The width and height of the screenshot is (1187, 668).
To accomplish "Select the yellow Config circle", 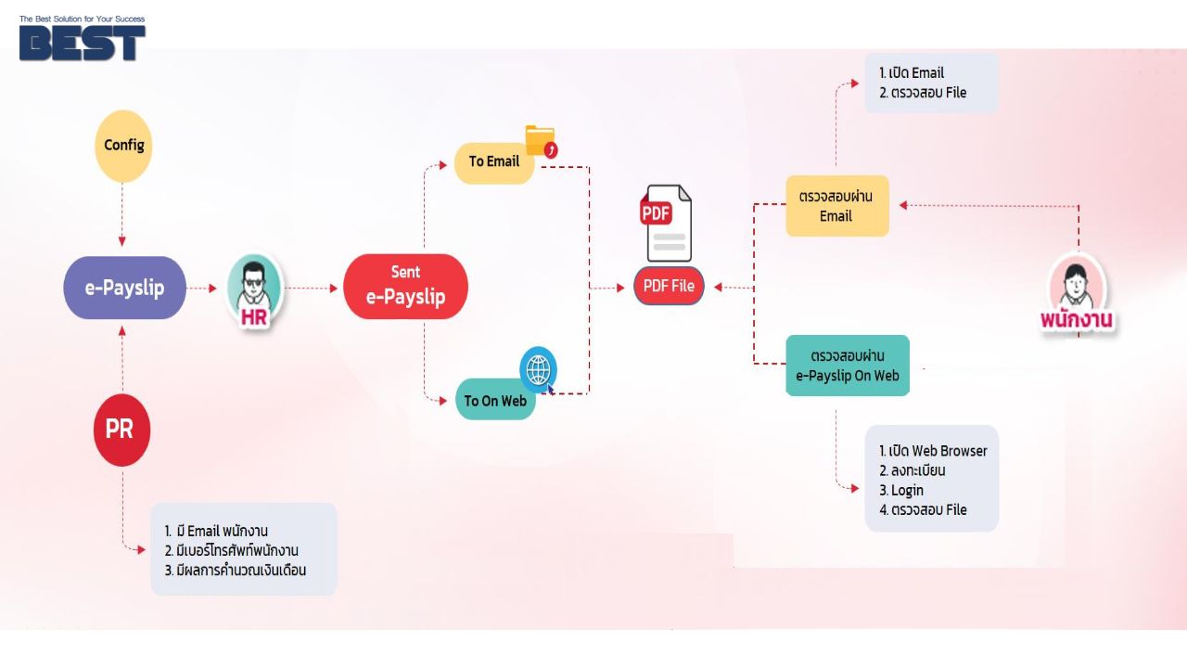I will [x=123, y=146].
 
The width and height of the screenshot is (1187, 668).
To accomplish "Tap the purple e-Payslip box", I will [x=124, y=288].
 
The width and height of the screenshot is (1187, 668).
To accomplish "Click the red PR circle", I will [x=121, y=430].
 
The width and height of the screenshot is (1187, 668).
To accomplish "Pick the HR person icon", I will [x=254, y=289].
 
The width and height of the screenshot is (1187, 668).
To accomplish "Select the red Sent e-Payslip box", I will [x=405, y=287].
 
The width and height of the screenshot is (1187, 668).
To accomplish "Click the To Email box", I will [x=493, y=161].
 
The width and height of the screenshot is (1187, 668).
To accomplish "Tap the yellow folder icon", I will [x=540, y=141].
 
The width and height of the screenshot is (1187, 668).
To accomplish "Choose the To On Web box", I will [x=495, y=400].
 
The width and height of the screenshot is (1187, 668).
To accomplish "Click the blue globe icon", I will [x=538, y=369].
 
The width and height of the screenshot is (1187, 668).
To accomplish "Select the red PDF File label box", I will [x=669, y=286].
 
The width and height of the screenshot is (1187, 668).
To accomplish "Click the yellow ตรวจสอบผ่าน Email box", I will [x=836, y=206].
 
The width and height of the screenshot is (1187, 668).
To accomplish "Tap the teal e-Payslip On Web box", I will [x=847, y=366].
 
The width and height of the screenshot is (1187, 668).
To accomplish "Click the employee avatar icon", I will [x=1077, y=281].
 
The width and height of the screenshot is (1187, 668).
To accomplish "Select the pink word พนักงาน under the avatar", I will [x=1077, y=321].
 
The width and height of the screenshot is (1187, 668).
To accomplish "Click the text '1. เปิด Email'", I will [x=912, y=73].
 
